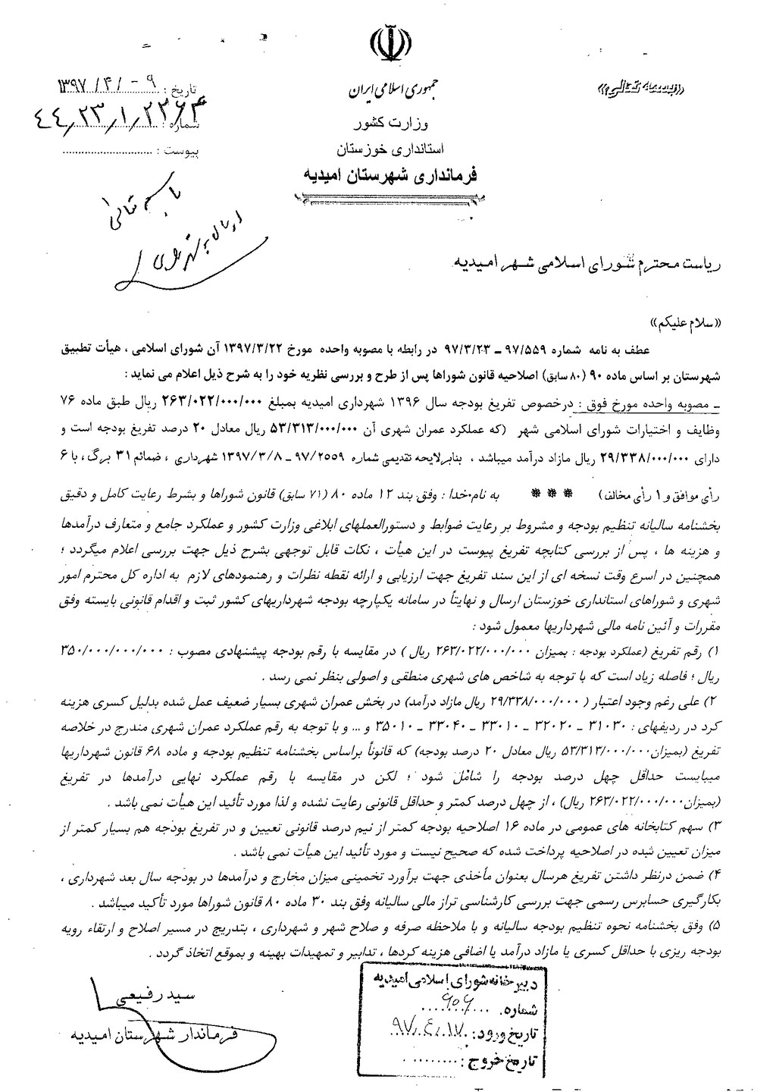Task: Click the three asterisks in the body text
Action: [533, 494]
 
